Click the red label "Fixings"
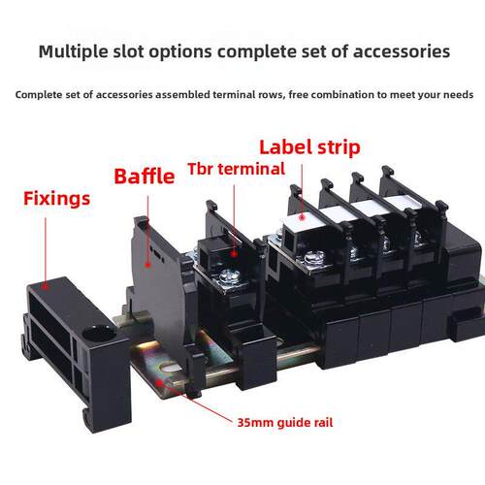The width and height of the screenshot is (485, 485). [x=56, y=199]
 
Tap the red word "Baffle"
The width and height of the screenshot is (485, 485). [x=145, y=177]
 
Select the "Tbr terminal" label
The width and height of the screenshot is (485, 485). [x=237, y=169]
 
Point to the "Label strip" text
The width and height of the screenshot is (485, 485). [x=309, y=147]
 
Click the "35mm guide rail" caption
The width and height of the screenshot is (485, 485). [x=285, y=423]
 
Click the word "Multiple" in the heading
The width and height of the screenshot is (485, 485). [x=74, y=51]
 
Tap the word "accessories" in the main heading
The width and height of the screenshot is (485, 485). [x=402, y=51]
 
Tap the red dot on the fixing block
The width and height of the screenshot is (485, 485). [x=46, y=286]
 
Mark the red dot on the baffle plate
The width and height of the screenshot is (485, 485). [x=147, y=265]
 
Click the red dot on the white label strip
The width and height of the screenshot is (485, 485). [x=302, y=217]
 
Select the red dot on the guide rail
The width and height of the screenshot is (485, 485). [x=159, y=383]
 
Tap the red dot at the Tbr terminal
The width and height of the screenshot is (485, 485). [x=234, y=254]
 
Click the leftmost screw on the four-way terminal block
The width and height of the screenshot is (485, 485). [x=314, y=259]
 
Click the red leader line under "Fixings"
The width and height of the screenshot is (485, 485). [x=46, y=250]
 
